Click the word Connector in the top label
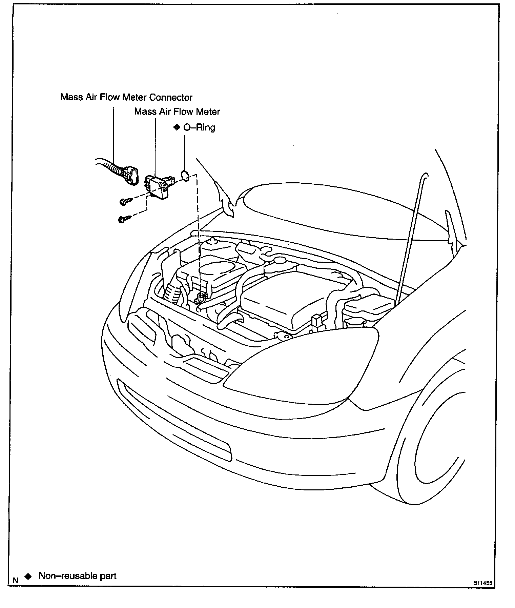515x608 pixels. click(x=171, y=98)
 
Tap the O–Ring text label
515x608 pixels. click(x=199, y=127)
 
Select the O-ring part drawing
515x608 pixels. click(x=185, y=175)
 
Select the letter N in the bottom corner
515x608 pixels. click(x=15, y=580)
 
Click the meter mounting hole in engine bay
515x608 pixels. click(x=202, y=297)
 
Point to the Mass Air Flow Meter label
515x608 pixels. click(x=177, y=112)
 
